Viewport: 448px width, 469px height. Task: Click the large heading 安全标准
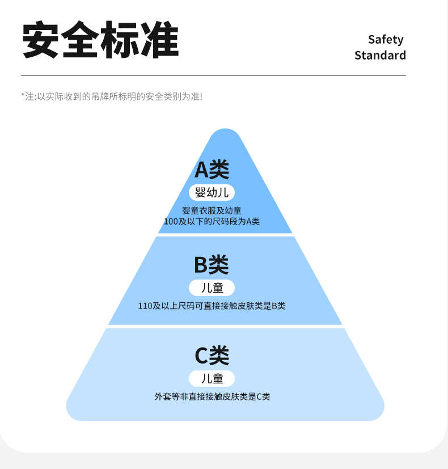[x=100, y=41]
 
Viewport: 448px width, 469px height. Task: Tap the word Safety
[x=386, y=39]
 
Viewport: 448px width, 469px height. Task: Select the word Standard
[x=380, y=55]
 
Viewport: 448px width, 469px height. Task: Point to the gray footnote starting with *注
[x=112, y=96]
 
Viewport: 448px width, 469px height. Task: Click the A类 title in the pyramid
[x=212, y=169]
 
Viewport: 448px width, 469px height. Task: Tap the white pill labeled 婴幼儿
[x=212, y=192]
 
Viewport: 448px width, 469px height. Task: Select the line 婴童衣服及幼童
[x=212, y=211]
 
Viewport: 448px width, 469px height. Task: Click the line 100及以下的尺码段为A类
[x=212, y=221]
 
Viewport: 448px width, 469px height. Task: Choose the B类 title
[x=211, y=264]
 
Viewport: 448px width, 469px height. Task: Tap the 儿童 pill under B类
[x=212, y=288]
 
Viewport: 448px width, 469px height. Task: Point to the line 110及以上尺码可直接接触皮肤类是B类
[x=212, y=306]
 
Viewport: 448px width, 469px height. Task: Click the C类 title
[x=212, y=356]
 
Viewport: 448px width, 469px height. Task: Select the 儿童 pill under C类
[x=212, y=378]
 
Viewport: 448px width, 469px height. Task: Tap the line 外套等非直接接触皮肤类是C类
[x=212, y=397]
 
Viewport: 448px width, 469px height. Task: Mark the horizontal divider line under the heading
[x=213, y=75]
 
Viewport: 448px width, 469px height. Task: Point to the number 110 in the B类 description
[x=145, y=306]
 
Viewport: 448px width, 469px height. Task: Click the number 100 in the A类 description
[x=171, y=221]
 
